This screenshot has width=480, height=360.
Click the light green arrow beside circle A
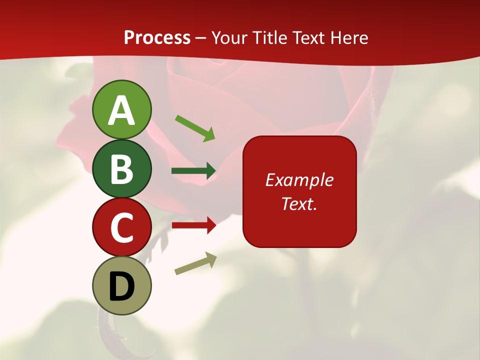coord(195,127)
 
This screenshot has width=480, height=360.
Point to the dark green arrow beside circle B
coord(193,171)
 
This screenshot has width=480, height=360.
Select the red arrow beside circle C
coord(193,225)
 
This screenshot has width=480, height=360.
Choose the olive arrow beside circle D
coord(195,263)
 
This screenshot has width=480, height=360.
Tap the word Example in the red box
coord(299,180)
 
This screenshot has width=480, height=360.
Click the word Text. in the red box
coord(299,203)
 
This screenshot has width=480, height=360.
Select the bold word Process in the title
coord(157,37)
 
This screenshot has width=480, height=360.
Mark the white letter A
coord(121,110)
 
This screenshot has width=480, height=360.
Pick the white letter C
coord(121,227)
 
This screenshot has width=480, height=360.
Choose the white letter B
coord(121,169)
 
